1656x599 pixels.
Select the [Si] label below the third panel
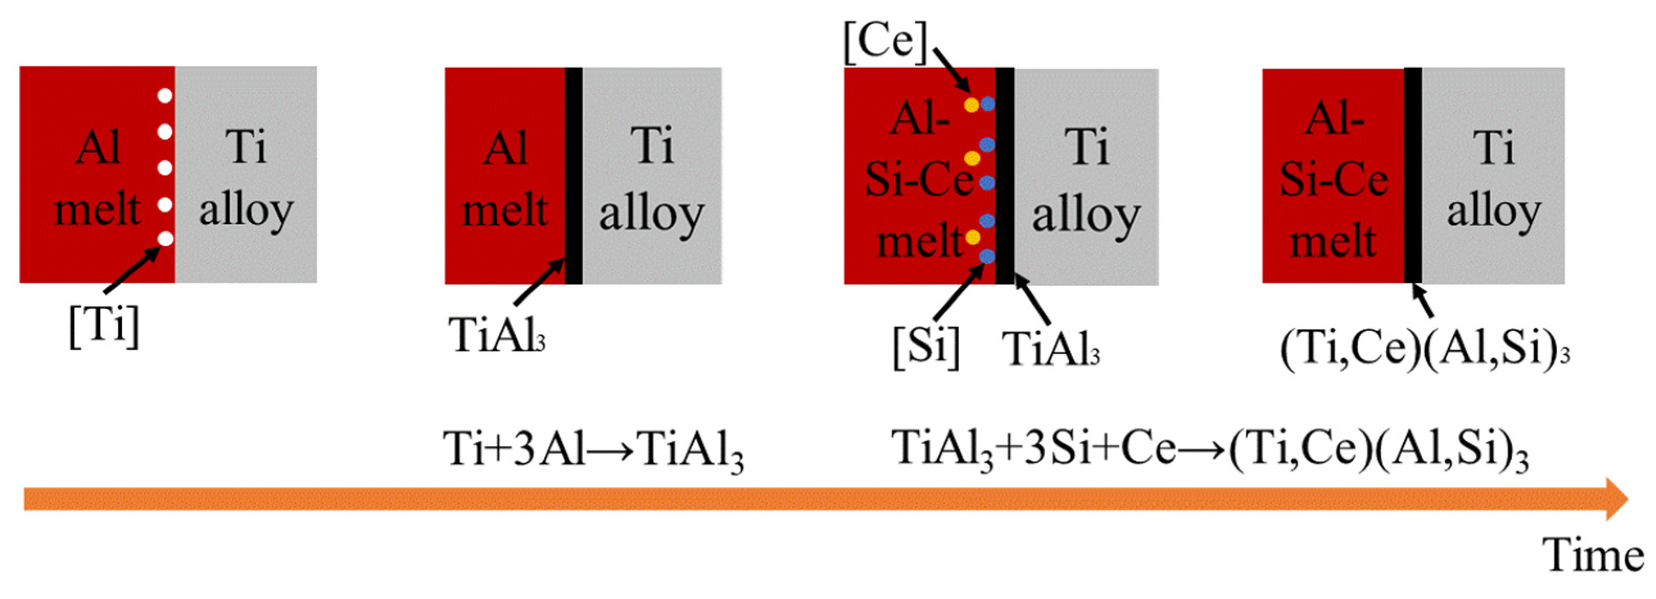pyautogui.click(x=926, y=347)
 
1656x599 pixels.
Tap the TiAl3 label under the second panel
pyautogui.click(x=497, y=336)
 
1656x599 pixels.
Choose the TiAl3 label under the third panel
pyautogui.click(x=1052, y=350)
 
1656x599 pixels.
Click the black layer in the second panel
pyautogui.click(x=573, y=175)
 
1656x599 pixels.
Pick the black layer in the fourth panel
pyautogui.click(x=1413, y=175)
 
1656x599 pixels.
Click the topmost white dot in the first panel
pyautogui.click(x=165, y=96)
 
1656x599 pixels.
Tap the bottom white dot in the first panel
pyautogui.click(x=165, y=239)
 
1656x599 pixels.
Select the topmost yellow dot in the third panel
pyautogui.click(x=971, y=104)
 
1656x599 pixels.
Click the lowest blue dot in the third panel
pyautogui.click(x=987, y=257)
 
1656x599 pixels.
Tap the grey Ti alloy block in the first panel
pyautogui.click(x=246, y=175)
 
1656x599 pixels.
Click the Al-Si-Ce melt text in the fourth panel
pyautogui.click(x=1334, y=180)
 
